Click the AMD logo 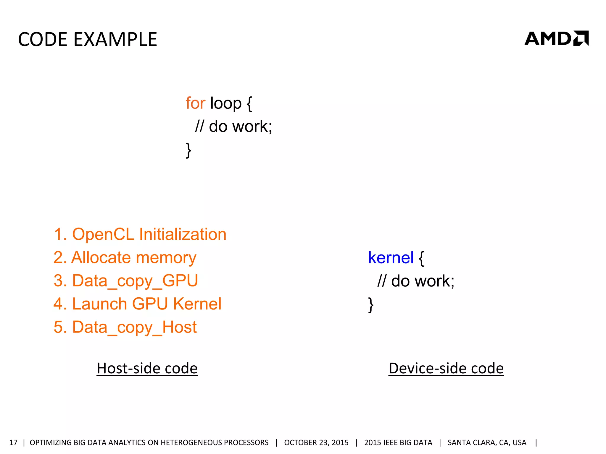coord(556,38)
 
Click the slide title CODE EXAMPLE coord(88,39)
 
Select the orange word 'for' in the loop coord(195,103)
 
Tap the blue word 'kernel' coord(391,258)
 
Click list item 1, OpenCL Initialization coord(140,234)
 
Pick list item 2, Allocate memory coord(125,257)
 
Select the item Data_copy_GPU coord(126,280)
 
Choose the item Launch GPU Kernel coord(137,304)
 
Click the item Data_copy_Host coord(125,327)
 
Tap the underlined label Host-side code coord(147,368)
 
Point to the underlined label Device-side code coord(446,368)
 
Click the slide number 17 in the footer coord(13,442)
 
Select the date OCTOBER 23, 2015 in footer coord(316,442)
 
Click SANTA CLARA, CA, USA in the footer coord(487,442)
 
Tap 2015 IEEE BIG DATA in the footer coord(398,442)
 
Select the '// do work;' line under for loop coord(233,127)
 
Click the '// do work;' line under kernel coord(416,281)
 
